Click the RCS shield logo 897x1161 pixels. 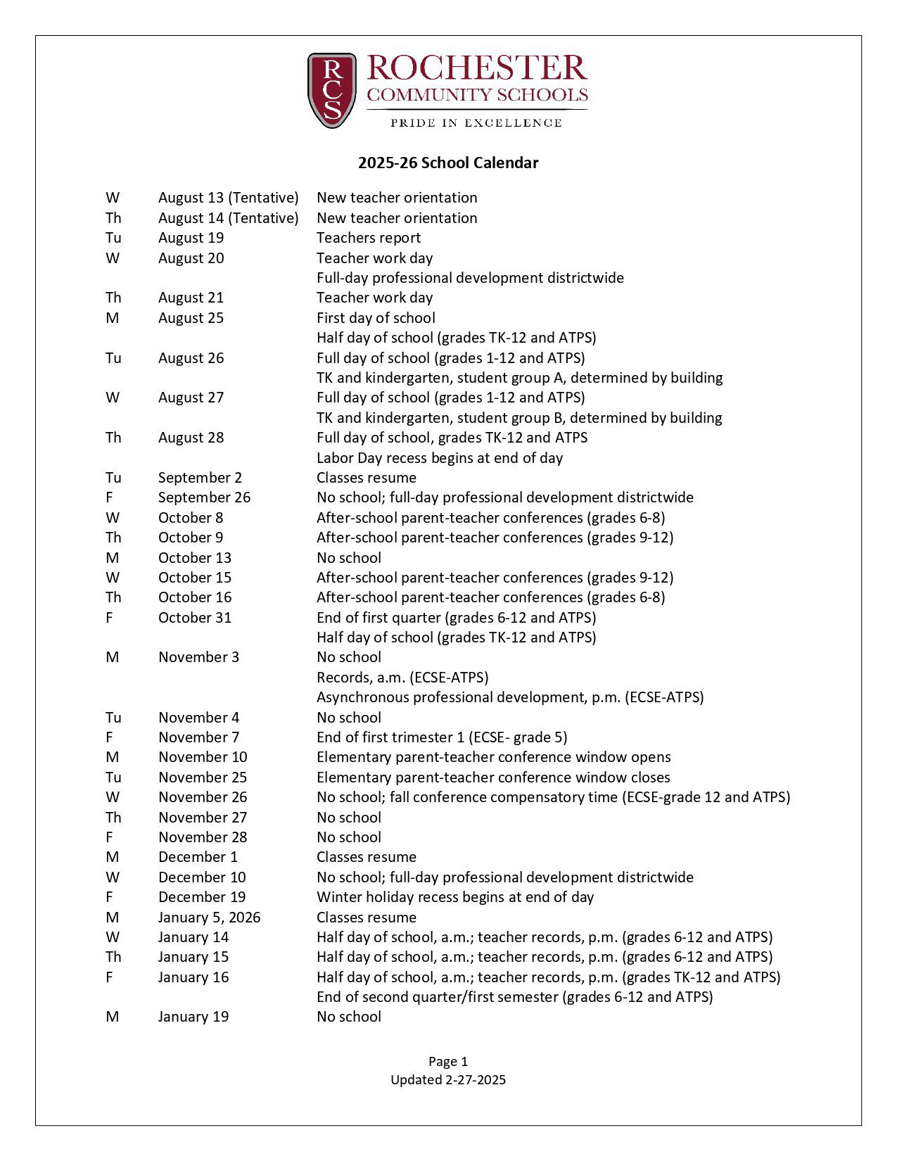click(x=331, y=90)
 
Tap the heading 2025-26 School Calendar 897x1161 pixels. click(x=448, y=163)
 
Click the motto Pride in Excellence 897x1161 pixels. click(x=476, y=123)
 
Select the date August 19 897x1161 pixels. click(x=191, y=238)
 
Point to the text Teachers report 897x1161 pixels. click(x=369, y=238)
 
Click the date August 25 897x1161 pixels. click(x=191, y=318)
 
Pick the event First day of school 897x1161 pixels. click(x=376, y=318)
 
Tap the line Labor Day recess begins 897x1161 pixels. click(x=440, y=458)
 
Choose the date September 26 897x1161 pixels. click(x=204, y=497)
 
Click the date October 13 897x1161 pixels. click(x=194, y=558)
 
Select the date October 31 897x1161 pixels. click(x=194, y=618)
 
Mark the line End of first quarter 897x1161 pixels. click(x=456, y=618)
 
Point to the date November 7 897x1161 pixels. click(x=198, y=737)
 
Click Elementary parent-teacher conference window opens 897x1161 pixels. click(x=493, y=757)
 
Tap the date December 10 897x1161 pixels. click(x=202, y=877)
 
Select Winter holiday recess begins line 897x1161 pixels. click(x=455, y=897)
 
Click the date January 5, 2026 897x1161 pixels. click(x=209, y=918)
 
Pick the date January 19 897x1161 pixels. click(x=193, y=1017)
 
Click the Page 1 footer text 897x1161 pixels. click(x=448, y=1062)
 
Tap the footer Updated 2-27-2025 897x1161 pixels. click(x=448, y=1080)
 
